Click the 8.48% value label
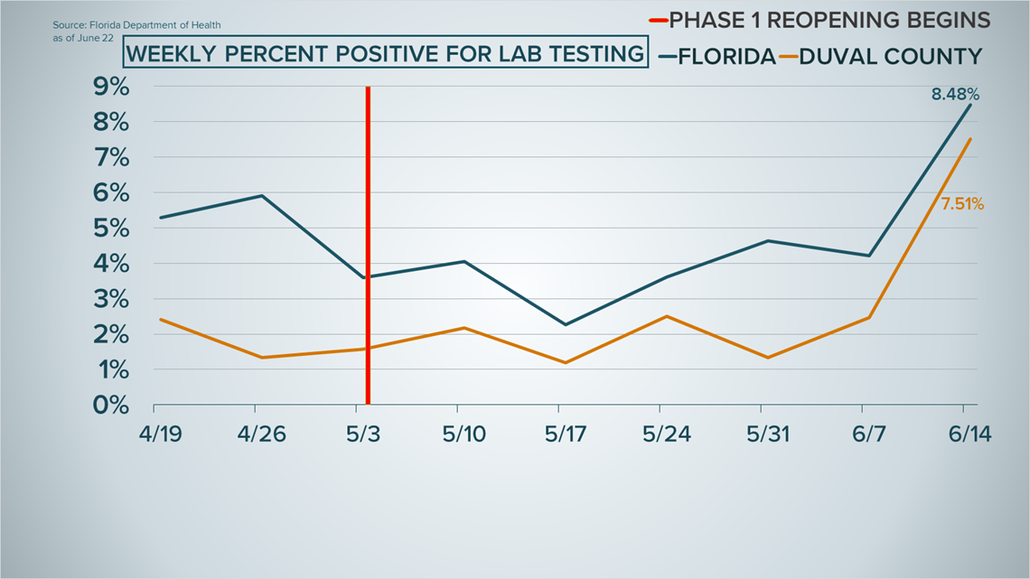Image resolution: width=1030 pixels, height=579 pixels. (956, 93)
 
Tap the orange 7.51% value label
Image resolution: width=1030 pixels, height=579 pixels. (962, 205)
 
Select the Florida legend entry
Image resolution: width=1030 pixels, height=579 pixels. (717, 57)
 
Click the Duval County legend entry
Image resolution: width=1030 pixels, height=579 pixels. (889, 57)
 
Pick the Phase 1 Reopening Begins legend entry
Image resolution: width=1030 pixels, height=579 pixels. (822, 20)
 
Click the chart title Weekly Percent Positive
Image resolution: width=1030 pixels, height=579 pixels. (386, 54)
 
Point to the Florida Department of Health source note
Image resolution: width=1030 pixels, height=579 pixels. (136, 25)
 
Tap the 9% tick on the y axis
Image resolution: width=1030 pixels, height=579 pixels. (111, 88)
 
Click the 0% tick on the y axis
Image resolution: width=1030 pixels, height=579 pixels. (111, 406)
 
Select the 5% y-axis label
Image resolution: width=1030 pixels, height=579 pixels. (111, 229)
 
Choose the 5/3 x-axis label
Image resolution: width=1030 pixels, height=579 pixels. (365, 434)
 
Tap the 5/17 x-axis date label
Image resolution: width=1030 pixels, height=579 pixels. (566, 434)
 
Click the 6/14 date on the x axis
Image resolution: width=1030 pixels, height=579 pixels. (970, 434)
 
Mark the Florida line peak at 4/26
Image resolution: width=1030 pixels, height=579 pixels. (262, 195)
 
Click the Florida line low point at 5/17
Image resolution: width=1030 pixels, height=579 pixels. (565, 324)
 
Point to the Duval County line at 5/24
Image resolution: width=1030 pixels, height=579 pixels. (666, 316)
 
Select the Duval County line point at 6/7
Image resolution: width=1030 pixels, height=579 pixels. (869, 317)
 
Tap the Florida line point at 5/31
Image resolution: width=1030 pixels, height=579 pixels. (768, 240)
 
